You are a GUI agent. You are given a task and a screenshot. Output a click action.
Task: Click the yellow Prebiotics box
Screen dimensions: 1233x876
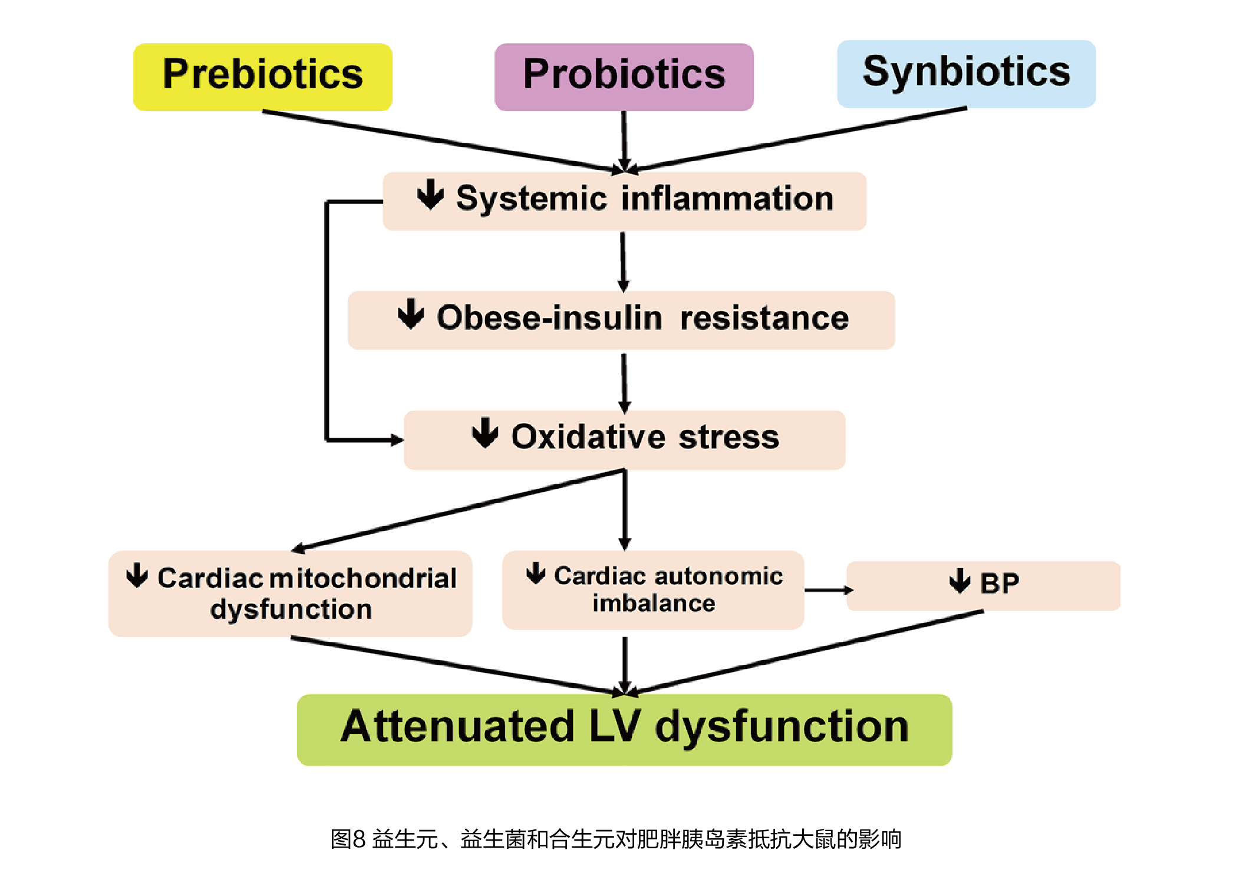pos(263,77)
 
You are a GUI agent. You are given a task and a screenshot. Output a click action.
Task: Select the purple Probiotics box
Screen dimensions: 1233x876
pos(624,77)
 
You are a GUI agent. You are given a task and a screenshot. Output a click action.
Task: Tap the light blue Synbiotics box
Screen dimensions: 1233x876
pos(967,74)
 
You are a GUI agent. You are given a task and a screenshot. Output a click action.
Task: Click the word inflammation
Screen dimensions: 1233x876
pos(728,198)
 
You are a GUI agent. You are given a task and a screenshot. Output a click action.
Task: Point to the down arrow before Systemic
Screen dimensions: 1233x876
pos(430,195)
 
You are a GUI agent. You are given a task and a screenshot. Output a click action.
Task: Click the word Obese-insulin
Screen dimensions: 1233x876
pos(549,317)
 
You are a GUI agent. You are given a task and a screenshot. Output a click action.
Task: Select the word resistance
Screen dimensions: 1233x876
pos(764,318)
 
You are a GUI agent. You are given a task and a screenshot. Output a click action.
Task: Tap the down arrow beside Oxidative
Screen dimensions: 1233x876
pos(485,432)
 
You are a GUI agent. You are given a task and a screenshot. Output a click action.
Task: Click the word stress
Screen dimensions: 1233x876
pos(729,437)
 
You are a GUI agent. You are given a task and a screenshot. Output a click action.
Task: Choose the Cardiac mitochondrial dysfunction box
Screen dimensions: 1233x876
pos(291,593)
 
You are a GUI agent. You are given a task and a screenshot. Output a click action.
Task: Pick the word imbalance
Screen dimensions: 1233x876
pos(654,603)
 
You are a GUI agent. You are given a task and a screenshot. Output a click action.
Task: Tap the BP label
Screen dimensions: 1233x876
pos(1000,583)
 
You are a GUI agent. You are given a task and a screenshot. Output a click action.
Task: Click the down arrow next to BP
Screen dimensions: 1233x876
pos(960,581)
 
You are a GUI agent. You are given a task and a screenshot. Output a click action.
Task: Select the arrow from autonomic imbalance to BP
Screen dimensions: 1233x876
pos(829,590)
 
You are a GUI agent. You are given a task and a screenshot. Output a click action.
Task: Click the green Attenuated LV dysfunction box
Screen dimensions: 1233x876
pos(625,730)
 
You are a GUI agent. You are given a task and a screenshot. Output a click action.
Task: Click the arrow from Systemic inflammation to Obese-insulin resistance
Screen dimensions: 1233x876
pos(623,263)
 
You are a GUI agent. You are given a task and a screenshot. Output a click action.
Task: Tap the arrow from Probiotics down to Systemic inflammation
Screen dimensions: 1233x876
pos(624,142)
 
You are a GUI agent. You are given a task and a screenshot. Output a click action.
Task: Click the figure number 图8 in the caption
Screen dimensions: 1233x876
pos(348,839)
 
